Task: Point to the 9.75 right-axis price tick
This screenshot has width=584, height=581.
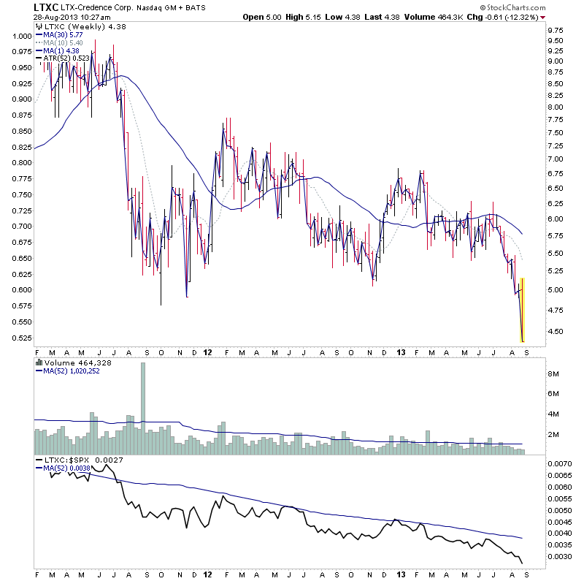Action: (x=555, y=30)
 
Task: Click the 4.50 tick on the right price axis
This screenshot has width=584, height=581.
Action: (x=555, y=332)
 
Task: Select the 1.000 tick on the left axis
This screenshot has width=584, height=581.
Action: (x=21, y=36)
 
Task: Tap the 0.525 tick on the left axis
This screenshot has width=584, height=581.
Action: (x=21, y=338)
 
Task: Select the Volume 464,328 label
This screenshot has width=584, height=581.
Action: (x=69, y=362)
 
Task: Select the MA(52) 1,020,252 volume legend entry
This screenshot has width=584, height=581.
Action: (x=69, y=371)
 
